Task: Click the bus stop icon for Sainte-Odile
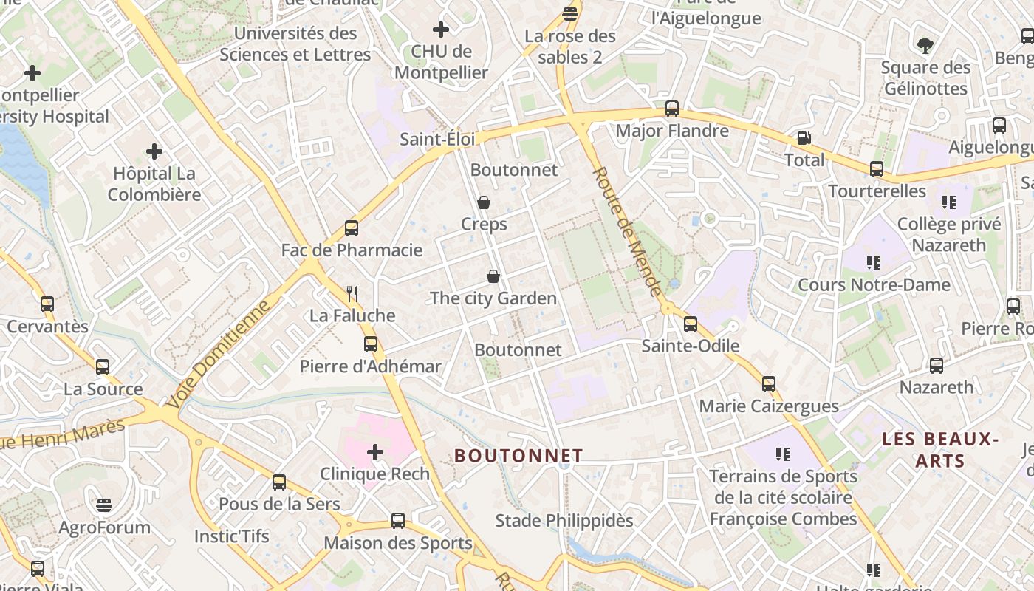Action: point(691,324)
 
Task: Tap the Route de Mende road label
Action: point(626,231)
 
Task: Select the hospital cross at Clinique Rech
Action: point(375,451)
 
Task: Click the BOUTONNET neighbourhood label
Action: point(518,456)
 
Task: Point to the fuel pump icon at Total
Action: point(803,138)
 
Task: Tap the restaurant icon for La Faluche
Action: point(352,294)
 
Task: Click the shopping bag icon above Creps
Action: point(484,202)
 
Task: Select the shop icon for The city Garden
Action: point(493,276)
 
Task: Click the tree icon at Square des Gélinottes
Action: point(925,46)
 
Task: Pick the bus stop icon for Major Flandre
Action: point(672,109)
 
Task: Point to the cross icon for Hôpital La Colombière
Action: point(154,151)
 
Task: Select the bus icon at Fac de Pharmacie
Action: point(352,228)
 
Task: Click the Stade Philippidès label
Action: point(564,521)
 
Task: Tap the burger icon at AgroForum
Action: point(104,505)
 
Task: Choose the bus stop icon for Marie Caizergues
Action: point(769,384)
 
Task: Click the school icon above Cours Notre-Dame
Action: point(874,262)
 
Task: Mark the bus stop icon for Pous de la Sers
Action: point(279,482)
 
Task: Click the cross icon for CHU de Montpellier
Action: point(441,30)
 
